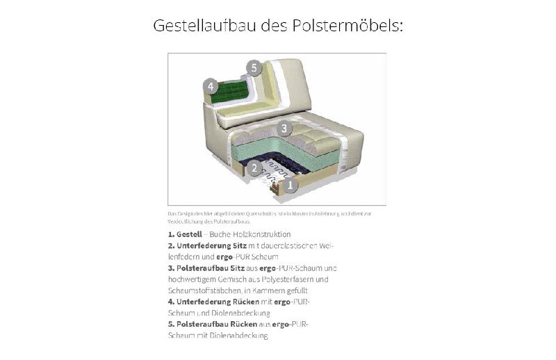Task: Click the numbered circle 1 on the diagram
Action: tap(290, 185)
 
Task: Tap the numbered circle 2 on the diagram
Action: tap(255, 167)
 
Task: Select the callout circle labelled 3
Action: tap(283, 129)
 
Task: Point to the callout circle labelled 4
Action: tap(210, 87)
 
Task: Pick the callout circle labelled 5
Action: tap(254, 68)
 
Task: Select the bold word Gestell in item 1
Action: tap(189, 234)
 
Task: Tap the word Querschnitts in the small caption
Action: tap(250, 214)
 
